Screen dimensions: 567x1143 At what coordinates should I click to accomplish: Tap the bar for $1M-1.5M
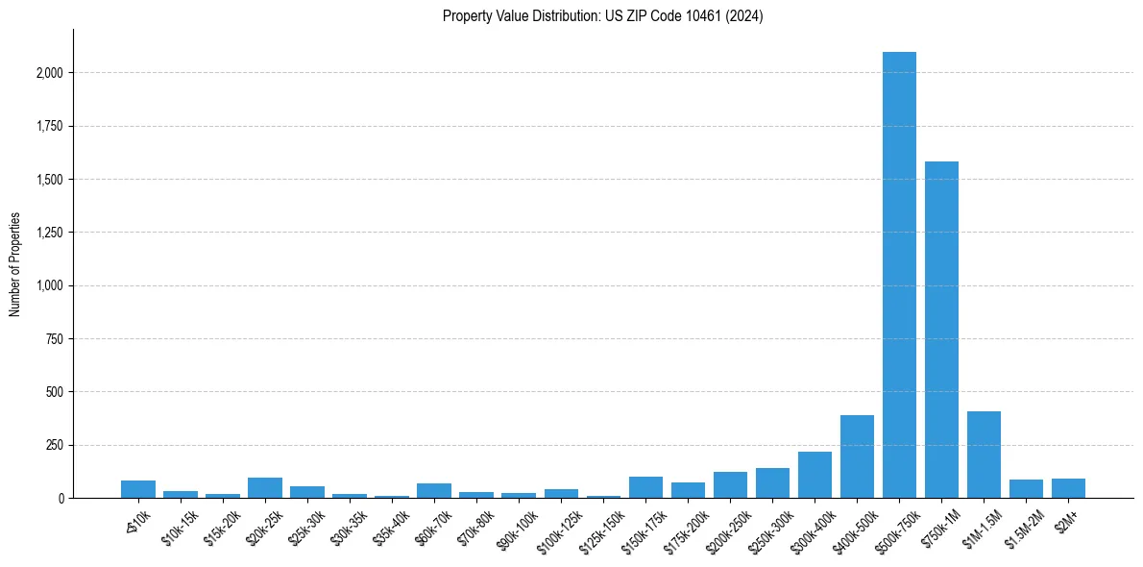[984, 455]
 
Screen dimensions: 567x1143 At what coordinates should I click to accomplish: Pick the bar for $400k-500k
[857, 456]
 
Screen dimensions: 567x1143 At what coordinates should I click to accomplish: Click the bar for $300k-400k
[815, 475]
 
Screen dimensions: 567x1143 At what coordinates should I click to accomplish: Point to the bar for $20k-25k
[265, 488]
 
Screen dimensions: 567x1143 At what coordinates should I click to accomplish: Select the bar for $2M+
[1068, 488]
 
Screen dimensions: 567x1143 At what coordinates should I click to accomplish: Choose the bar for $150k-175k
[645, 487]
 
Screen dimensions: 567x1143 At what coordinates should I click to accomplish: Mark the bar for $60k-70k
[434, 491]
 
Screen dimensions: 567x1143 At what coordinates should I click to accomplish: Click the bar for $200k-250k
[730, 485]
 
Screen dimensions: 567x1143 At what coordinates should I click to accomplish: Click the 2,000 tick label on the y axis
[50, 73]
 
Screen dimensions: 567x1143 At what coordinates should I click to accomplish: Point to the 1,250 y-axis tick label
[50, 233]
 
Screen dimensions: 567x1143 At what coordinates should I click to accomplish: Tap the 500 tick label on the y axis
[56, 392]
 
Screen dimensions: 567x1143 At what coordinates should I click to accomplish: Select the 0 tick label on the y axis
[61, 499]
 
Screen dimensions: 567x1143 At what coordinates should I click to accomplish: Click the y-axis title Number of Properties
[14, 264]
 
